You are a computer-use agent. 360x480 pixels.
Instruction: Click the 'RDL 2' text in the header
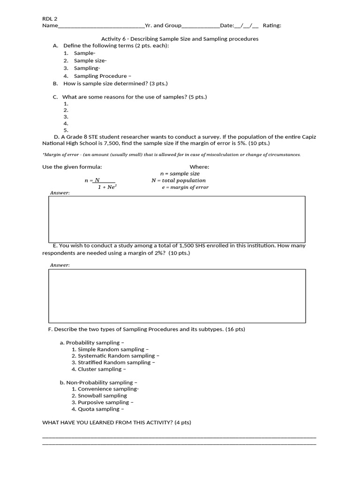(50, 18)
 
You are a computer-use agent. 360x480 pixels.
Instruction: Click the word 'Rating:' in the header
(272, 25)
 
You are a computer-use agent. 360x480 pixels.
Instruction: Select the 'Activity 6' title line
(180, 39)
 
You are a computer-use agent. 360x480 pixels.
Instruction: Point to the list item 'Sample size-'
(90, 60)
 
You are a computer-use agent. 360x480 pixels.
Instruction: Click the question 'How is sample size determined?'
(115, 83)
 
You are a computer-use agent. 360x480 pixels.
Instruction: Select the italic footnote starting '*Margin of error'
(172, 155)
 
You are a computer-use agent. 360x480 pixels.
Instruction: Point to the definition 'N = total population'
(178, 180)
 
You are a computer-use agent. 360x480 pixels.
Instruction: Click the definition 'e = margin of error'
(185, 187)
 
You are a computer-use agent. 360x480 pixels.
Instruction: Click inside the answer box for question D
(177, 219)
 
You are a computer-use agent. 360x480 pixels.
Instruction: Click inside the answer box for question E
(177, 296)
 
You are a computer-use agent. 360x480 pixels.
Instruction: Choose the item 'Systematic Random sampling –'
(113, 356)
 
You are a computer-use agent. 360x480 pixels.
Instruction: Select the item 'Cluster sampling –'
(102, 369)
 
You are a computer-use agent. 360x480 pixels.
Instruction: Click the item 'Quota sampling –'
(101, 409)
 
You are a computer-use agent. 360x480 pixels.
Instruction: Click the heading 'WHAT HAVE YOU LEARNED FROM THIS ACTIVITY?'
(117, 423)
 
